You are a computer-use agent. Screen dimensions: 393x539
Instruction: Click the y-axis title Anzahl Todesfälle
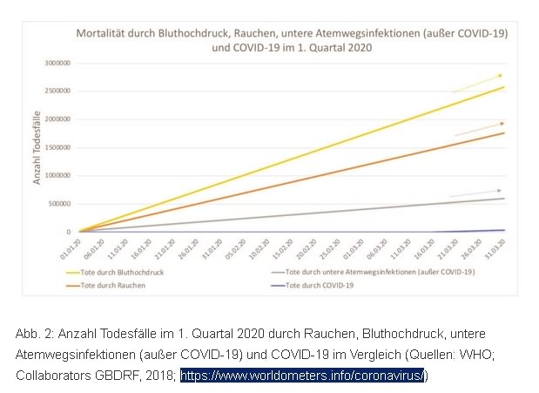37,148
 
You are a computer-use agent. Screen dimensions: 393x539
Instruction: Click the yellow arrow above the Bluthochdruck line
477,83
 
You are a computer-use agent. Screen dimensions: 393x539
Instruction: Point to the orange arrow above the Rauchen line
480,129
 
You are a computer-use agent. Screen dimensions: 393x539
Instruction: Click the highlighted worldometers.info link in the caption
304,376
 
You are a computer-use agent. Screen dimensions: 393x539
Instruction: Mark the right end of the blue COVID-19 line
504,230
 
